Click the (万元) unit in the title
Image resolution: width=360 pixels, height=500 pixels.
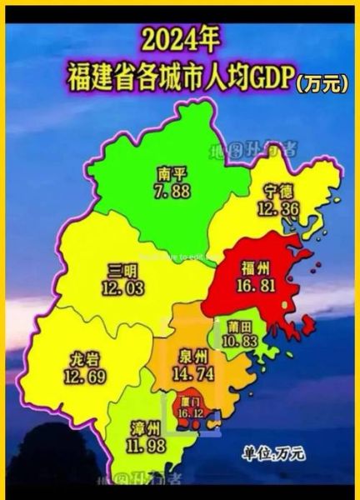(322, 82)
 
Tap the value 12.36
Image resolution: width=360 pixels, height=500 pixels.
(274, 208)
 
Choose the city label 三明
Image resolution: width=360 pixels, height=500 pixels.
(122, 271)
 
